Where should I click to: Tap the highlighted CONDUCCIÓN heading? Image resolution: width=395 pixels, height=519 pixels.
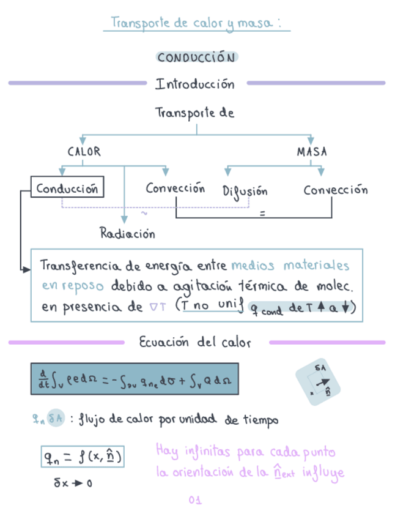(x=196, y=58)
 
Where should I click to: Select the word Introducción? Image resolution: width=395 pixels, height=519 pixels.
(x=194, y=84)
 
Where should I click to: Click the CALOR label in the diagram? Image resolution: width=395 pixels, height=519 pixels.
(x=84, y=151)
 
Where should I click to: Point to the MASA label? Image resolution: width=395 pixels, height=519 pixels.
(x=312, y=151)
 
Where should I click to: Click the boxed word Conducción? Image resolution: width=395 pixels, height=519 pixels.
(x=67, y=189)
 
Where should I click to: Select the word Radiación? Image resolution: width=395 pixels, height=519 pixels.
(x=127, y=233)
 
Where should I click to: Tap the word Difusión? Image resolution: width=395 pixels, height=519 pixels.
(x=245, y=191)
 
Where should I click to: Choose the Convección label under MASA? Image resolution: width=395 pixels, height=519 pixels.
(x=336, y=190)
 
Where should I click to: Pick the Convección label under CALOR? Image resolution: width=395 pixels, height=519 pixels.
(x=175, y=189)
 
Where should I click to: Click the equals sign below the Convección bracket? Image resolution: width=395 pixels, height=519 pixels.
(x=262, y=214)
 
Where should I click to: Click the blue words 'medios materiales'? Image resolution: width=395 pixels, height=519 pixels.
(x=290, y=266)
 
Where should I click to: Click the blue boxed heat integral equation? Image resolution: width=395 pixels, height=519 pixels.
(x=134, y=380)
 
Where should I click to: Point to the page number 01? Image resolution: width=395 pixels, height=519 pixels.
(x=195, y=501)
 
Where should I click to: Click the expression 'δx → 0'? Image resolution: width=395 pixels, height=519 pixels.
(x=73, y=483)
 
